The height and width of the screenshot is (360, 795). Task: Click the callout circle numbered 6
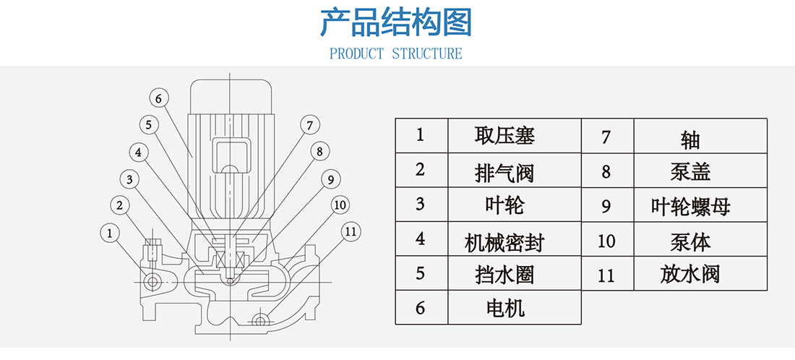(160, 98)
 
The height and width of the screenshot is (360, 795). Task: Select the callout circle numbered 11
(350, 231)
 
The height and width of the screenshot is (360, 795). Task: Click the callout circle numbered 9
(330, 179)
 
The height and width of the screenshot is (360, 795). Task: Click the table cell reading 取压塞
(504, 135)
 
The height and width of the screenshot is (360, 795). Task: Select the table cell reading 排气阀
(504, 171)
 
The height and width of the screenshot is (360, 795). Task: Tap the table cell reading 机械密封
(504, 239)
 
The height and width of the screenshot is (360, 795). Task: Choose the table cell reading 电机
(504, 309)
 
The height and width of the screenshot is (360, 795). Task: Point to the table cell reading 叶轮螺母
(690, 206)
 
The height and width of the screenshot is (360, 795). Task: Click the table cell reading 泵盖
(690, 171)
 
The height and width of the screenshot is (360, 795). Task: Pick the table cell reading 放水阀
(690, 274)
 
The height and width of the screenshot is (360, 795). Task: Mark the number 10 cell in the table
(607, 240)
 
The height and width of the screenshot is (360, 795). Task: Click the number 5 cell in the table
(421, 274)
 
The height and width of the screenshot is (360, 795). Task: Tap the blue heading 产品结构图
(396, 23)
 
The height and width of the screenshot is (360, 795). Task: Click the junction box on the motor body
(229, 158)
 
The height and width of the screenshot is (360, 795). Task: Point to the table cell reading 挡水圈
(504, 274)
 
